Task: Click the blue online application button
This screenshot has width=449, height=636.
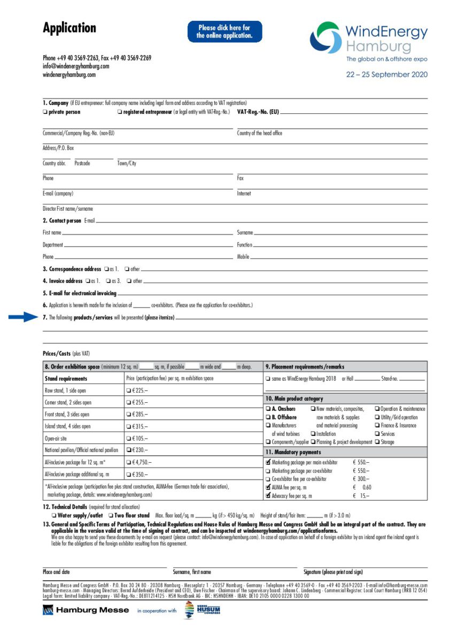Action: [x=224, y=32]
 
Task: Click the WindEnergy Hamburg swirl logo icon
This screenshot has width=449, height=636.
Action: [x=326, y=37]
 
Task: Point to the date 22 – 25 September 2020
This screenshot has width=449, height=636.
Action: [x=386, y=75]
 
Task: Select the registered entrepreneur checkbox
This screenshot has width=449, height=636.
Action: [x=119, y=112]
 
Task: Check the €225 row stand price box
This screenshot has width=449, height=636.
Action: [x=128, y=390]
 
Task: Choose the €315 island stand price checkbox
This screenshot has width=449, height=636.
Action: [x=128, y=426]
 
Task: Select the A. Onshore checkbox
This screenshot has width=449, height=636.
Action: [x=268, y=409]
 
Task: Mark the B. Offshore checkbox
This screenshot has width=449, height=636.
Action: [x=268, y=417]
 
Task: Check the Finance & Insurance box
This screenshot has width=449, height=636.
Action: [x=377, y=426]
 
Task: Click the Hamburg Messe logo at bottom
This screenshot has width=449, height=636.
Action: [x=86, y=610]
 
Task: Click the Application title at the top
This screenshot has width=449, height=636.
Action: [x=69, y=28]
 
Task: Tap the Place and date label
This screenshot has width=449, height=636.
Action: [x=56, y=572]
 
